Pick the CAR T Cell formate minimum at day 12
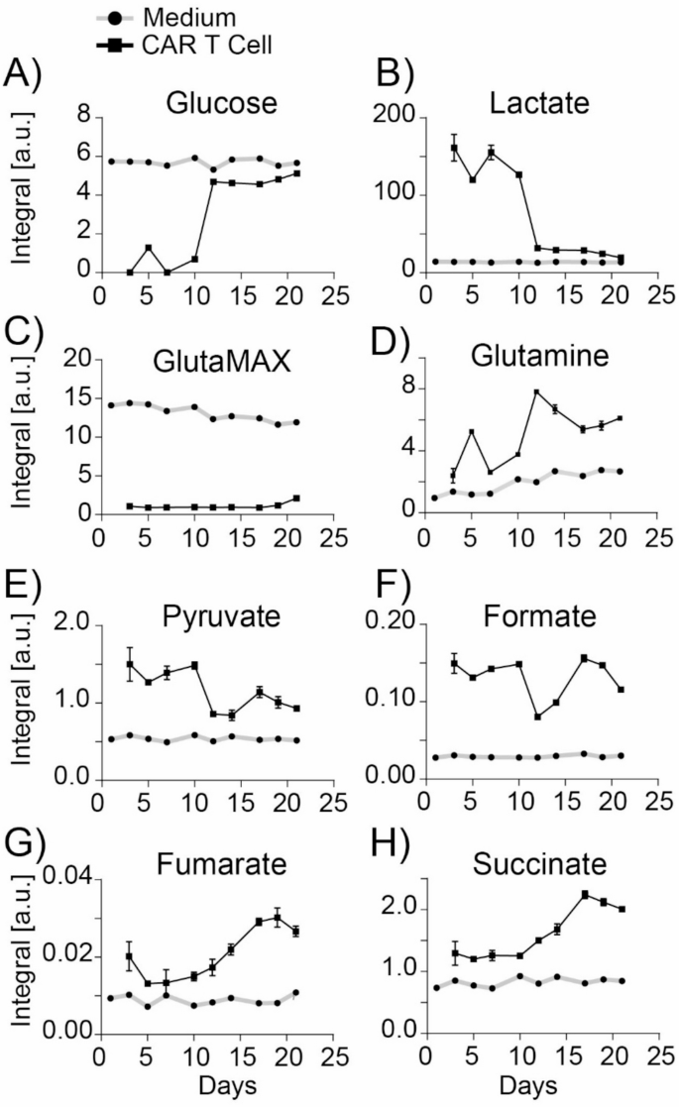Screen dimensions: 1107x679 [x=537, y=717]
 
